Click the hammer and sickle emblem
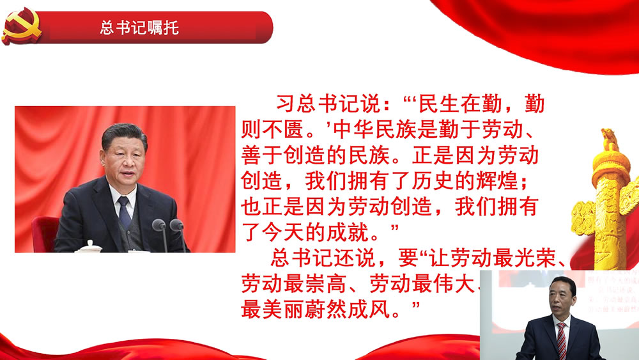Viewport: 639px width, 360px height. click(21, 26)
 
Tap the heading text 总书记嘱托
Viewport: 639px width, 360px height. click(139, 27)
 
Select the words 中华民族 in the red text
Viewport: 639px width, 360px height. click(374, 130)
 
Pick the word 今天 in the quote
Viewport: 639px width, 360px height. click(283, 232)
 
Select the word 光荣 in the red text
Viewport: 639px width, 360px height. click(535, 258)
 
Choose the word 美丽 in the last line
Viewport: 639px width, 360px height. click(283, 309)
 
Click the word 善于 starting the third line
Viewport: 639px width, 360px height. click(262, 155)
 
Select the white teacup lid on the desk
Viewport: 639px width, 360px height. click(89, 246)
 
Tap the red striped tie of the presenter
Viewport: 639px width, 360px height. click(562, 341)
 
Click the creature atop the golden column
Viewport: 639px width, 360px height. click(610, 138)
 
